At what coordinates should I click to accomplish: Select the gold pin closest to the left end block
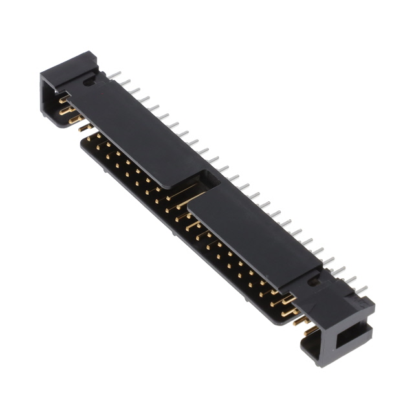pyautogui.click(x=63, y=100)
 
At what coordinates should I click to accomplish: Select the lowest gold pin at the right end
pyautogui.click(x=310, y=331)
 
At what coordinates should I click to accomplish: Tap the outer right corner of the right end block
pyautogui.click(x=374, y=304)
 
